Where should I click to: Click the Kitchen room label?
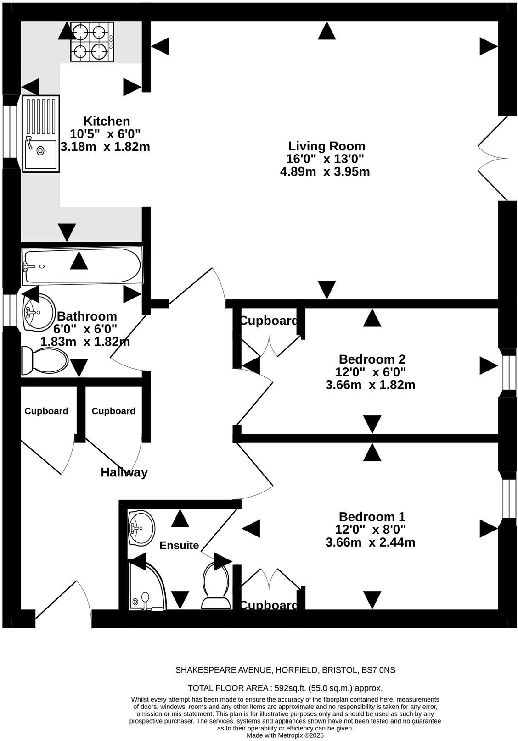107,122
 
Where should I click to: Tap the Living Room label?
327,146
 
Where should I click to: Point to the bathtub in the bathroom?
82,266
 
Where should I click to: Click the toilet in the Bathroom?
45,360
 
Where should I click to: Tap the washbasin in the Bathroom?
38,312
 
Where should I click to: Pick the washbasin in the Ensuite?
141,527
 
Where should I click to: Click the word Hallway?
124,472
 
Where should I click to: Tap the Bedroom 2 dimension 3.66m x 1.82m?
370,385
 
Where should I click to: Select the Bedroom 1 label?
372,517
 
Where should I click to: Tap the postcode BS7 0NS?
378,670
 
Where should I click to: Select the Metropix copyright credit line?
285,735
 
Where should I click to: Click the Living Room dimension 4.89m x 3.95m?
325,172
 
